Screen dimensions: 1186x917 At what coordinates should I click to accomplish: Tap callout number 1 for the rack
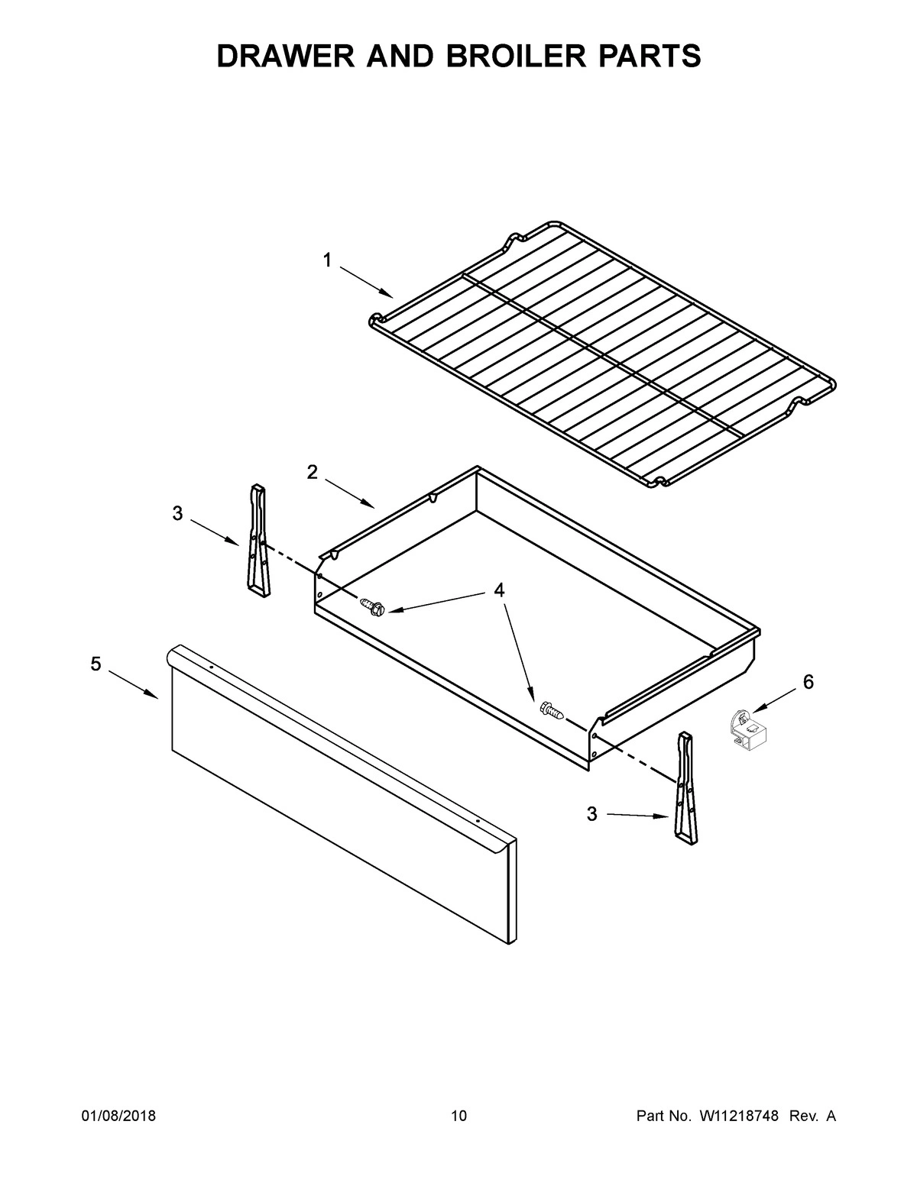[x=327, y=261]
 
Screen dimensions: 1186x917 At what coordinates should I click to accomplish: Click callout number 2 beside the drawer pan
[x=313, y=473]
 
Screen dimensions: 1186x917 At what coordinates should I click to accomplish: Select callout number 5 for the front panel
[x=96, y=664]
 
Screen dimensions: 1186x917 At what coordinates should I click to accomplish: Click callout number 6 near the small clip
[x=808, y=682]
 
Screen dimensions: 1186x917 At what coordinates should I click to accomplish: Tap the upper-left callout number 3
[x=177, y=514]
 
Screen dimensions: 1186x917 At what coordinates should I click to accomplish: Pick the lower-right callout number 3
[x=592, y=814]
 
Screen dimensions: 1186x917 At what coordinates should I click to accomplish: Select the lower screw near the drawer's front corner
[x=552, y=711]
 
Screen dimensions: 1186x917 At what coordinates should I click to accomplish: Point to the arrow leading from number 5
[x=133, y=684]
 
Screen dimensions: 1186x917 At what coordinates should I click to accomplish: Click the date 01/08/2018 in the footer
[x=118, y=1117]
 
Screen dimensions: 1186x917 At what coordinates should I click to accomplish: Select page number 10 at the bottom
[x=458, y=1117]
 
